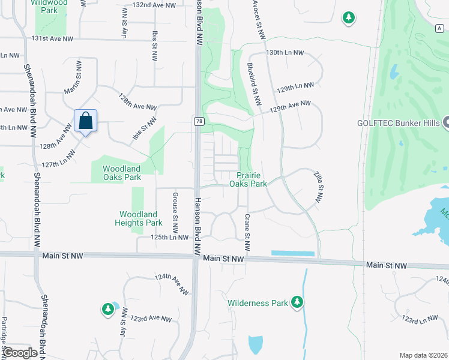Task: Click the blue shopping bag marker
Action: [86, 121]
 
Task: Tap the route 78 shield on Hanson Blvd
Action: [198, 121]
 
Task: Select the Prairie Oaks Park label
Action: [248, 179]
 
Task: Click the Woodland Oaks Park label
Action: [122, 173]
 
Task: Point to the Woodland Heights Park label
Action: [138, 218]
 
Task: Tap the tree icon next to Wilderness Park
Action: [296, 303]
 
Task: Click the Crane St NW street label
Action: [247, 233]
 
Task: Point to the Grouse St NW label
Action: [175, 213]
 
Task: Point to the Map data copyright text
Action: [423, 355]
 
